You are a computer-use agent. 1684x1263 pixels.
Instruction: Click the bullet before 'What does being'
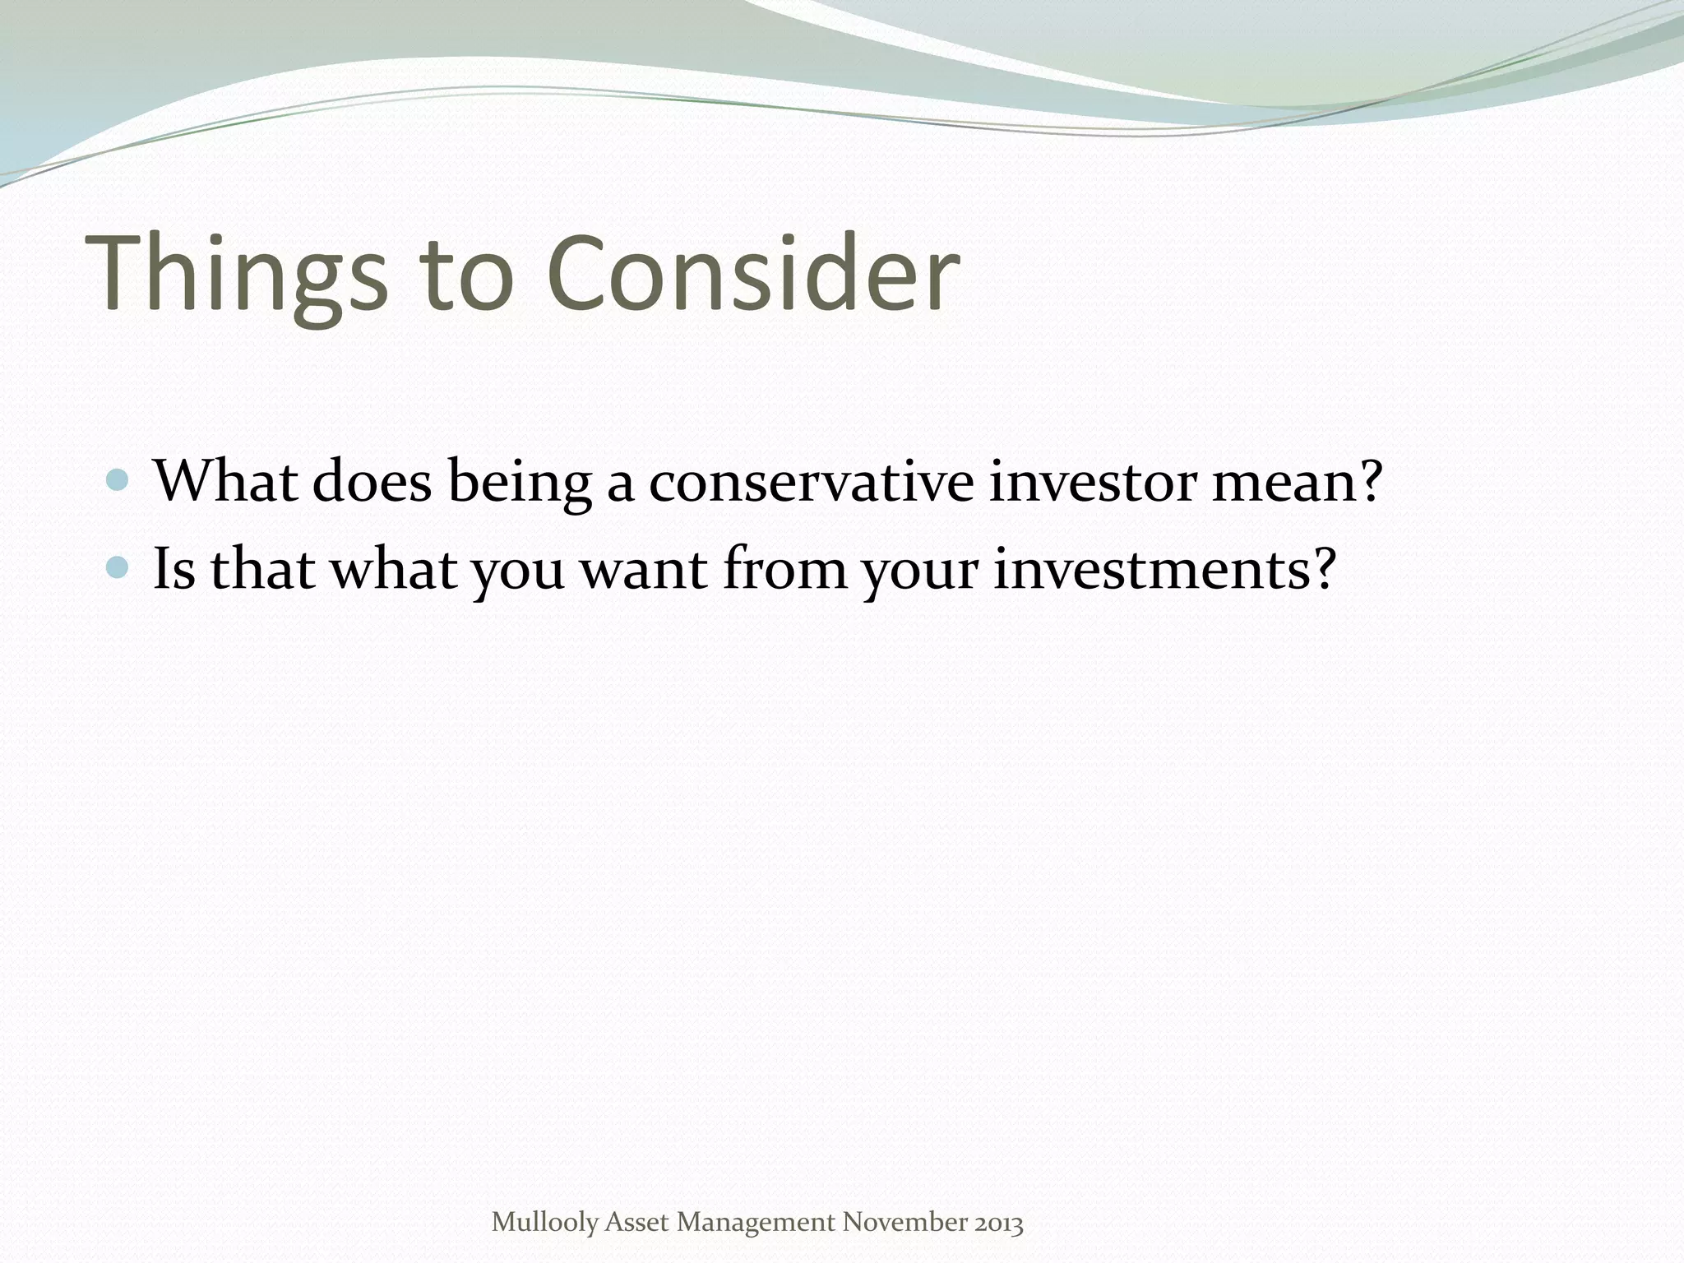(x=118, y=480)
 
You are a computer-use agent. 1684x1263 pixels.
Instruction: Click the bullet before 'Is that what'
(x=118, y=567)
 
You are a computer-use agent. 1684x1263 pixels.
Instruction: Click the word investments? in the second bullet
(x=1164, y=569)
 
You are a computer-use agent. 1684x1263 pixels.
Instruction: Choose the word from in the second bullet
(x=784, y=569)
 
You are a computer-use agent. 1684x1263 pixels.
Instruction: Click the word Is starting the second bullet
(x=174, y=569)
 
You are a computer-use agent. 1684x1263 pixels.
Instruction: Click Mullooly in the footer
(x=544, y=1224)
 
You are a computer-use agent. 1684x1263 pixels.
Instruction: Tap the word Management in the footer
(x=756, y=1224)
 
